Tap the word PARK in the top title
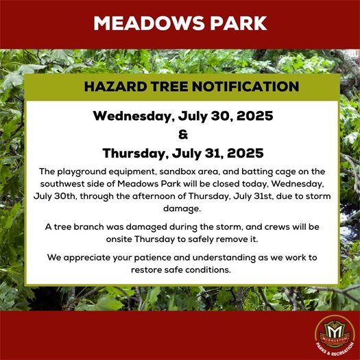click(x=232, y=23)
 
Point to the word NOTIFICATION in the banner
click(x=244, y=87)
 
